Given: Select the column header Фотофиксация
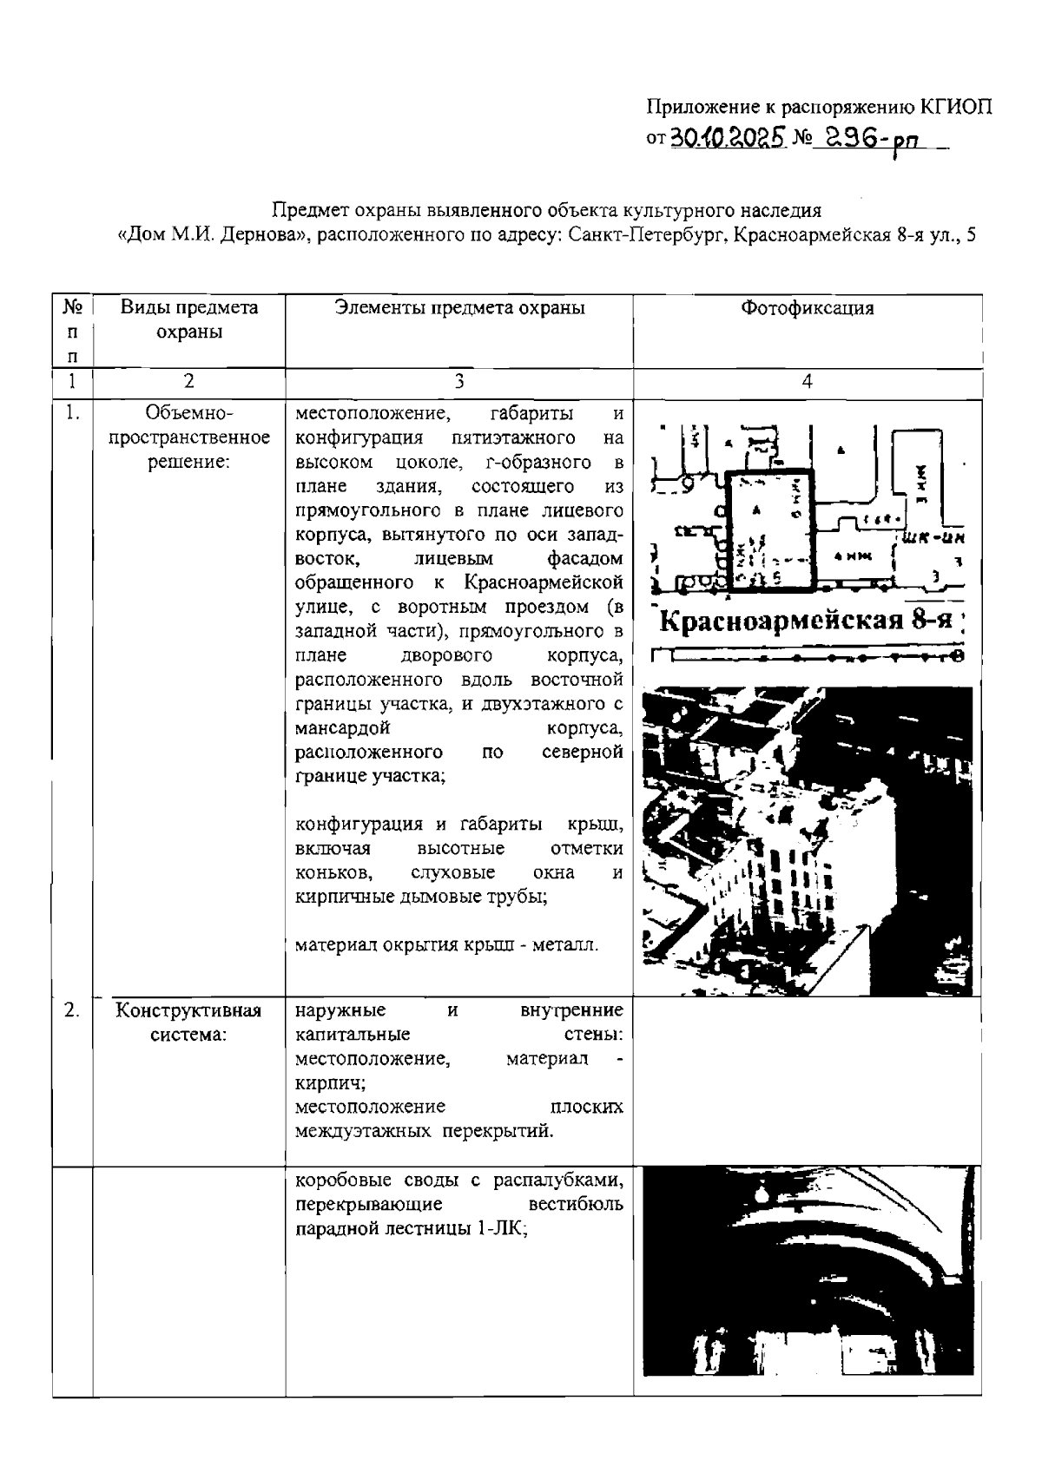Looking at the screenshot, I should point(807,307).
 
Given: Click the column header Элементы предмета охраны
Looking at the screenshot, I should point(459,307).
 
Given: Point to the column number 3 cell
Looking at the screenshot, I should point(458,380).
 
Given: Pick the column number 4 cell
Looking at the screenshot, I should point(807,380).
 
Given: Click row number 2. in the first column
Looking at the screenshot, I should point(72,1009).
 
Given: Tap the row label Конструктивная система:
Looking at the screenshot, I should point(188,1023).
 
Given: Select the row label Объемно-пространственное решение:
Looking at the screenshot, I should point(188,437).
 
